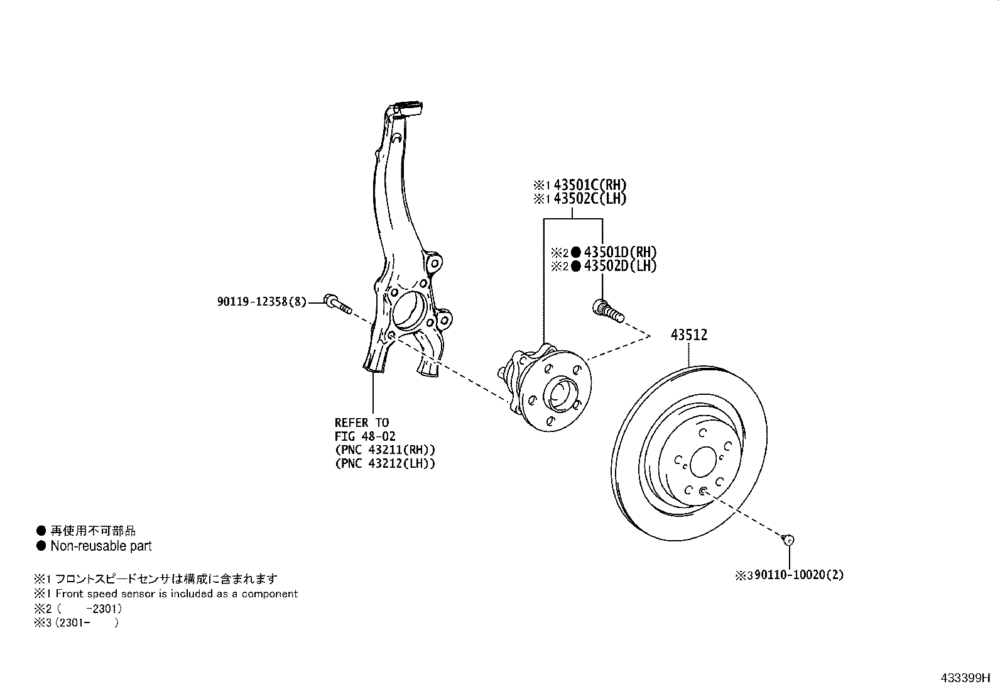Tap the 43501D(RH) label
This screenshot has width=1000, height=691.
click(620, 252)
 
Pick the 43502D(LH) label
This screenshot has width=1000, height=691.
click(620, 266)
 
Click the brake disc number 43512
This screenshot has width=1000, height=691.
click(688, 335)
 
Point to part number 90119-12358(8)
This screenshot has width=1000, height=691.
click(262, 302)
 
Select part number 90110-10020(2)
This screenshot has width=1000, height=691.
click(799, 575)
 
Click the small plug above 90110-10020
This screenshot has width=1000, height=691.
click(789, 539)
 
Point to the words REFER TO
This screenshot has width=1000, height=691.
click(362, 423)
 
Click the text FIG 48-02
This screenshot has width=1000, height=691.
click(365, 436)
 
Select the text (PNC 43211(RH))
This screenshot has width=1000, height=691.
click(384, 450)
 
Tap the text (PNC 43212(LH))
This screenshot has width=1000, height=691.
click(384, 464)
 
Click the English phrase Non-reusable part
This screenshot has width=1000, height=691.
click(101, 546)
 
